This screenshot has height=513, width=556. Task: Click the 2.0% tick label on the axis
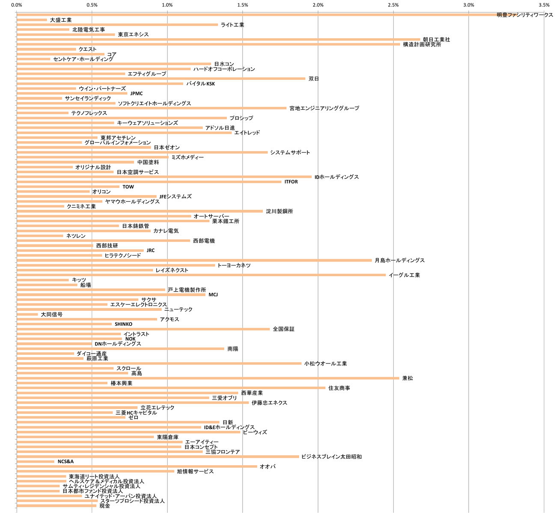pyautogui.click(x=318, y=5)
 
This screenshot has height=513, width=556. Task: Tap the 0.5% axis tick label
pyautogui.click(x=92, y=5)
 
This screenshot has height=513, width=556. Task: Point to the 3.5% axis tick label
pyautogui.click(x=544, y=5)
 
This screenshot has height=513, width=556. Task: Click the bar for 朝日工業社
pyautogui.click(x=218, y=39)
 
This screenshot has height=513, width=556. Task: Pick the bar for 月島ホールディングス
pyautogui.click(x=194, y=260)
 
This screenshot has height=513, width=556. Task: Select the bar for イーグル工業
pyautogui.click(x=201, y=275)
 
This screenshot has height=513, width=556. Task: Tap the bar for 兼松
pyautogui.click(x=208, y=378)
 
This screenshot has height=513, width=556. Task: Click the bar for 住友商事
pyautogui.click(x=171, y=388)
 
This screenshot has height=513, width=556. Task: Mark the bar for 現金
pyautogui.click(x=56, y=506)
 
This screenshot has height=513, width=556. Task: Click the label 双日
pyautogui.click(x=314, y=79)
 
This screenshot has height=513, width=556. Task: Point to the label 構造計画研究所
pyautogui.click(x=422, y=44)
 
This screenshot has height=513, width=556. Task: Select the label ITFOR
pyautogui.click(x=291, y=182)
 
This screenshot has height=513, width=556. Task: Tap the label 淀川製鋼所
pyautogui.click(x=279, y=211)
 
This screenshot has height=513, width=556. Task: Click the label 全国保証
pyautogui.click(x=283, y=329)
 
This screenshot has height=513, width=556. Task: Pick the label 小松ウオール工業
pyautogui.click(x=325, y=364)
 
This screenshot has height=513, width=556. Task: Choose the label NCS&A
pyautogui.click(x=65, y=462)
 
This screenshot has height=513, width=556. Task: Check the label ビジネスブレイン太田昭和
pyautogui.click(x=331, y=457)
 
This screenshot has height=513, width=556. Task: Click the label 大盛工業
pyautogui.click(x=61, y=20)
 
